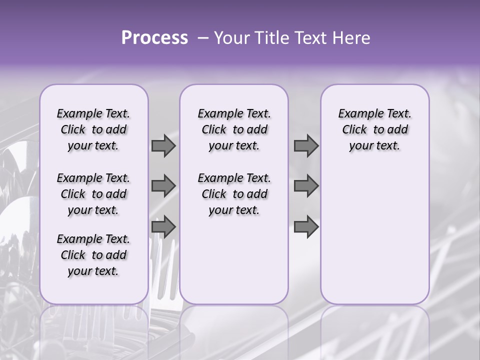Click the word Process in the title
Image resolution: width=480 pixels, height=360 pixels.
pyautogui.click(x=154, y=38)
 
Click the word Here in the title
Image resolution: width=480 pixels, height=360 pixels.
pyautogui.click(x=352, y=38)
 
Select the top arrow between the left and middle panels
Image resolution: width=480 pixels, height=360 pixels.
pyautogui.click(x=163, y=145)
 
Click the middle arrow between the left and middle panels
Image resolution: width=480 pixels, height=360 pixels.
pyautogui.click(x=163, y=186)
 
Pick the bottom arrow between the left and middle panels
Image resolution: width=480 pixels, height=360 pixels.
pyautogui.click(x=163, y=226)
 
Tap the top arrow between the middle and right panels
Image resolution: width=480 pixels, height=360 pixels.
pyautogui.click(x=306, y=145)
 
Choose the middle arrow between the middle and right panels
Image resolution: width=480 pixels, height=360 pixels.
pyautogui.click(x=306, y=186)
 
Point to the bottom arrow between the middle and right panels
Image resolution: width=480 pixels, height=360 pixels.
pyautogui.click(x=306, y=226)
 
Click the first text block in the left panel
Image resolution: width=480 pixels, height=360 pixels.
pyautogui.click(x=93, y=129)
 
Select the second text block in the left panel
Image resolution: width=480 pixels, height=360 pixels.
pyautogui.click(x=93, y=194)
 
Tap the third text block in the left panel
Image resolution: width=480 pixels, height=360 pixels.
pyautogui.click(x=93, y=255)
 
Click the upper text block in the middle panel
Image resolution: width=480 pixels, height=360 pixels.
pyautogui.click(x=234, y=129)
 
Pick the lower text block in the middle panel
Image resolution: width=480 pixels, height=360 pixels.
pyautogui.click(x=234, y=194)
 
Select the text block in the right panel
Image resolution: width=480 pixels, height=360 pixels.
pyautogui.click(x=374, y=129)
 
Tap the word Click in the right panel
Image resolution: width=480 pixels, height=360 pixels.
pyautogui.click(x=354, y=130)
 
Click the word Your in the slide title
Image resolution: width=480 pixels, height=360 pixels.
pyautogui.click(x=231, y=38)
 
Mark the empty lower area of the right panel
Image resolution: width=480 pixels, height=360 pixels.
pyautogui.click(x=374, y=235)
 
